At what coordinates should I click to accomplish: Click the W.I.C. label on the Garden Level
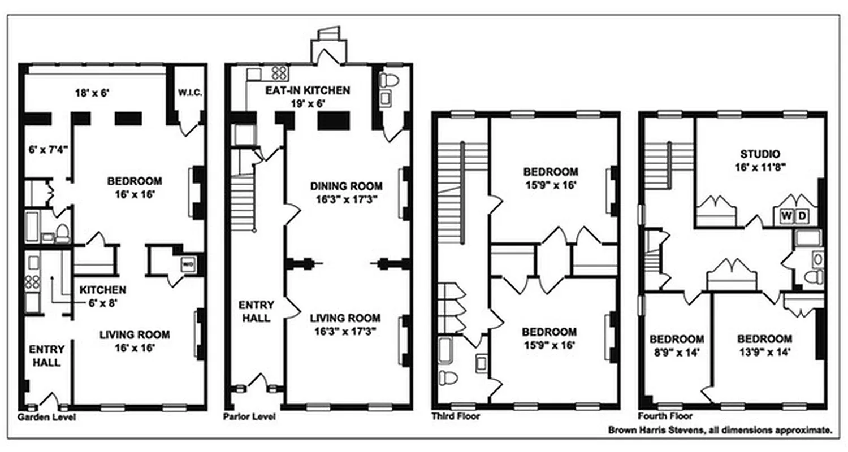click(x=185, y=92)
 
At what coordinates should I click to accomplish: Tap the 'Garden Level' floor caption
click(x=46, y=418)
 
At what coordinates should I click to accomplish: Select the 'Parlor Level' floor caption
click(x=249, y=418)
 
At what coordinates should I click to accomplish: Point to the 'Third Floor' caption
click(x=455, y=417)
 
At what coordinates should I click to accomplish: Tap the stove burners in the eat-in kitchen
click(x=280, y=72)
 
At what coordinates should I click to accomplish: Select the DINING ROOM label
click(x=346, y=186)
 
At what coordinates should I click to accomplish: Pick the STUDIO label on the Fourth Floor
click(x=760, y=154)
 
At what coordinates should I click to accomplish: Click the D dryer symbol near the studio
click(x=801, y=215)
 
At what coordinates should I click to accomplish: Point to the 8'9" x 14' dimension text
click(x=676, y=352)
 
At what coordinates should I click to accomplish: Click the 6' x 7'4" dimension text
click(x=49, y=150)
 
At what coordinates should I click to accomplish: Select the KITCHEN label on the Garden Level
click(x=102, y=290)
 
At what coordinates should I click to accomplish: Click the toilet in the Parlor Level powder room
click(x=390, y=79)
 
